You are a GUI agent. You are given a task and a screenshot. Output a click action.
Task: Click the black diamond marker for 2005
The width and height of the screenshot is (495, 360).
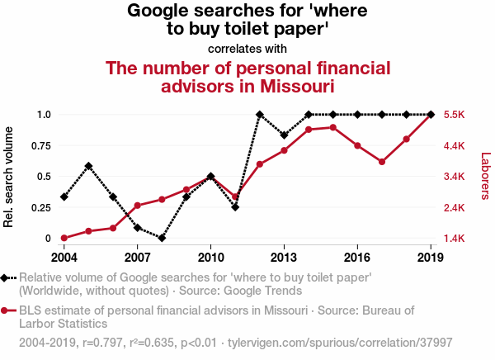(x=88, y=166)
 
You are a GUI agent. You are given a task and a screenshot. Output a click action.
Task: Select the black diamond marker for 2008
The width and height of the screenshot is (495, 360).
(x=162, y=238)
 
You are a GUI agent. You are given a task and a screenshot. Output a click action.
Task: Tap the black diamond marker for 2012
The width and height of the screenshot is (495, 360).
(x=259, y=115)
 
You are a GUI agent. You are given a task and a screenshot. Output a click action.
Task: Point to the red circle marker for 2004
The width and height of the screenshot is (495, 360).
(x=64, y=238)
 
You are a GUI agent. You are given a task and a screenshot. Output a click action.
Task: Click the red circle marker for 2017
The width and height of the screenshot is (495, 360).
(x=382, y=162)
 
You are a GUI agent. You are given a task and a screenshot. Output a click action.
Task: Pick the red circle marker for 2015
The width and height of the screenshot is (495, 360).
(x=333, y=127)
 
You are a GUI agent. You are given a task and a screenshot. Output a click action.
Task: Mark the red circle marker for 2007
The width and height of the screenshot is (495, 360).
(x=137, y=206)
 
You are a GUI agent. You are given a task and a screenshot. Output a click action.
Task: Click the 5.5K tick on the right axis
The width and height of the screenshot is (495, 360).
(x=458, y=115)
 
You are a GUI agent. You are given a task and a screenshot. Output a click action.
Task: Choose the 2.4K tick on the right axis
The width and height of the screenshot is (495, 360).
(x=458, y=207)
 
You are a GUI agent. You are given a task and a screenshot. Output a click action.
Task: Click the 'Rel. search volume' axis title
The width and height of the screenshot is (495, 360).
(x=11, y=176)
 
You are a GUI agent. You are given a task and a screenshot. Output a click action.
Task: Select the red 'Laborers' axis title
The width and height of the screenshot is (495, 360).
(x=485, y=176)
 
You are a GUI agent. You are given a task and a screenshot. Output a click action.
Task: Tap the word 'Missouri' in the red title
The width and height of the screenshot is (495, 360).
(x=299, y=86)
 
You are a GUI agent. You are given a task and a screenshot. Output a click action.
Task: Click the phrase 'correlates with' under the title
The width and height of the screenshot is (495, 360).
(x=247, y=48)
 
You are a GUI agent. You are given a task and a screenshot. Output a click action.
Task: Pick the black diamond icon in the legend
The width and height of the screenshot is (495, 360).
(x=7, y=278)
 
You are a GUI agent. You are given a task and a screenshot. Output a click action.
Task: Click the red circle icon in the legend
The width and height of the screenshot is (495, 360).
(x=7, y=310)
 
